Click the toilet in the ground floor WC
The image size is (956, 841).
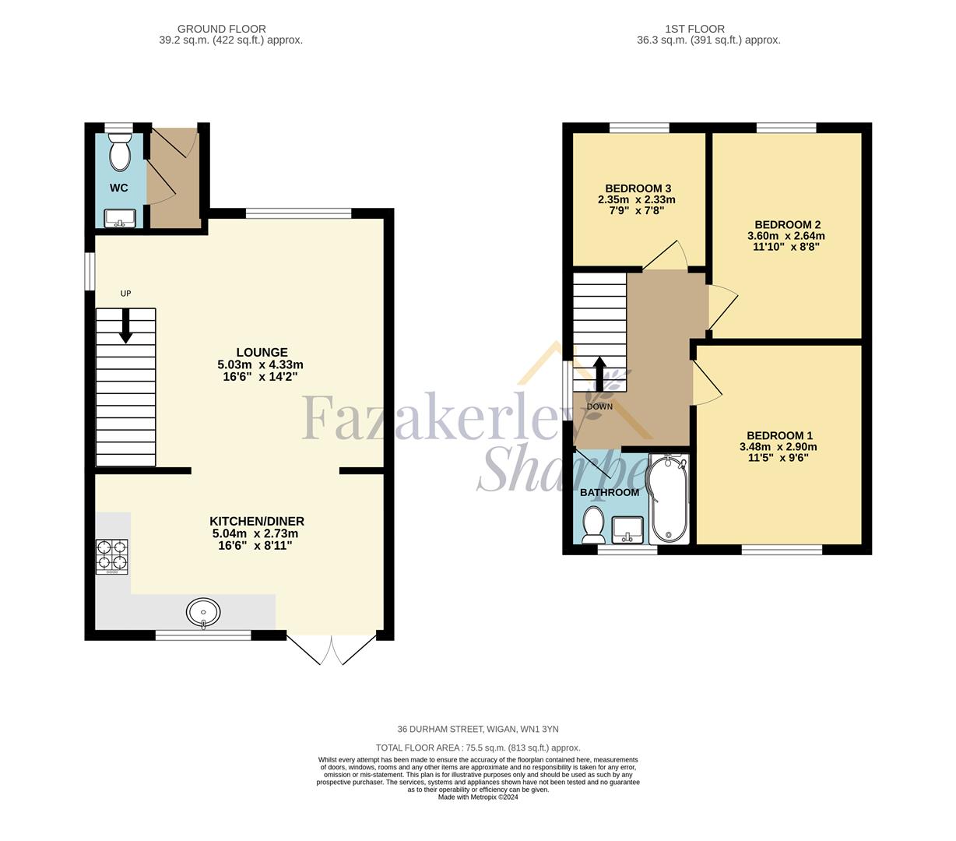tap(120, 152)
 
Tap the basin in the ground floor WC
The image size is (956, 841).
tap(120, 218)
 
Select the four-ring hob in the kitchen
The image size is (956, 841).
tap(112, 557)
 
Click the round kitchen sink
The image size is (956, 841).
tap(203, 613)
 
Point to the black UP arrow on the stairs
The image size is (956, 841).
tap(125, 325)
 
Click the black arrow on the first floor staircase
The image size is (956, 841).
tap(599, 374)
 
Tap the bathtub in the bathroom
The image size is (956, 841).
tap(669, 499)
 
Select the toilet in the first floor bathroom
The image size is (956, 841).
tap(593, 525)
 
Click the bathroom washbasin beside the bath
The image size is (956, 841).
tap(627, 530)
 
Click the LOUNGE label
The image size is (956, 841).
tap(262, 352)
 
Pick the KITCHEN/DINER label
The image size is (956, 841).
tap(257, 521)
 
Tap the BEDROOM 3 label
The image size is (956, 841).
tap(638, 188)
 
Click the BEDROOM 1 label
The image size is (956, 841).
tap(779, 435)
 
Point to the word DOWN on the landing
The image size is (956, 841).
tap(599, 406)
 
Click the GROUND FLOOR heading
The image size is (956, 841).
tap(222, 29)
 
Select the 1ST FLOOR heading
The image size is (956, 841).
tap(694, 29)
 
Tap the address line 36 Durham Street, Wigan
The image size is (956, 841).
tap(477, 729)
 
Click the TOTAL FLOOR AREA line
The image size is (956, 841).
tap(478, 748)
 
